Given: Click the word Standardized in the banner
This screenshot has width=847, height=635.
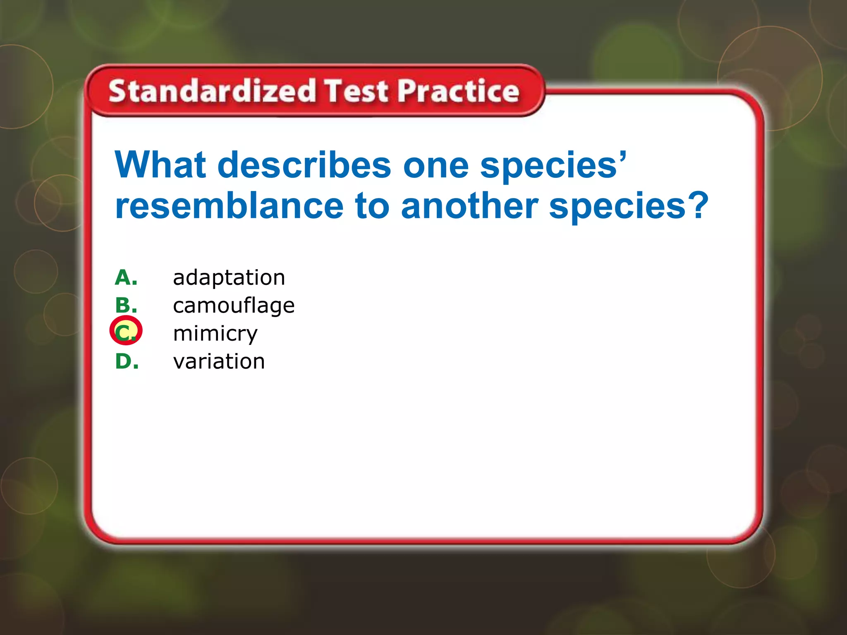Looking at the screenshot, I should [212, 91].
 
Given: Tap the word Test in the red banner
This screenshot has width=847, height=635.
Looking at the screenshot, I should [356, 91].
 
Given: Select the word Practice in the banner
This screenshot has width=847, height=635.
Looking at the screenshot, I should [458, 91].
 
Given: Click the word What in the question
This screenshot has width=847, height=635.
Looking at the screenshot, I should [160, 165].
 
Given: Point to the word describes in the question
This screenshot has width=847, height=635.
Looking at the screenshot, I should [304, 165].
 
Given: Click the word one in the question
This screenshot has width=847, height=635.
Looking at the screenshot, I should [435, 166].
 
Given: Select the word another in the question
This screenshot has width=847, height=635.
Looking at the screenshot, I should [469, 206].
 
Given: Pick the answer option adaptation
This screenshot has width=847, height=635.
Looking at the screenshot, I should [229, 277].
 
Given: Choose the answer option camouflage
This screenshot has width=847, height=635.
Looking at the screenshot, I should [234, 306].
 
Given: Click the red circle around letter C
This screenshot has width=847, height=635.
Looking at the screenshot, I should [126, 330].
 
